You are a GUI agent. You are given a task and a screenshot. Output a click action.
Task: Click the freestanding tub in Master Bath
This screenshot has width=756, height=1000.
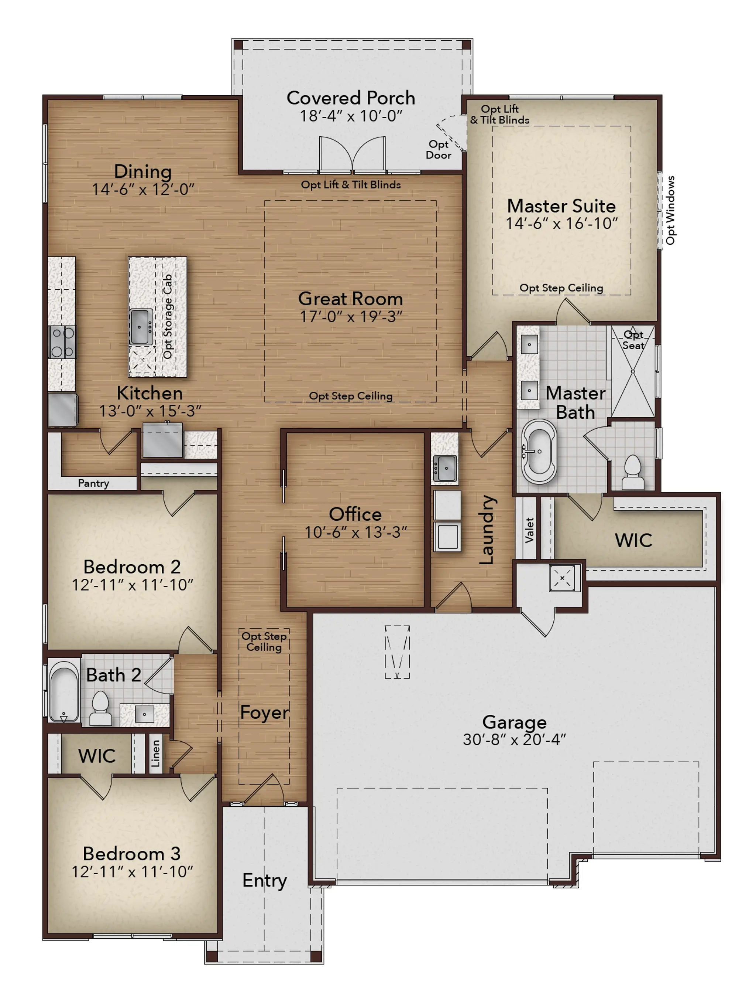(539, 452)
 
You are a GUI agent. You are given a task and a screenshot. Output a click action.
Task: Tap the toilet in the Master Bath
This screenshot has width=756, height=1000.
(633, 472)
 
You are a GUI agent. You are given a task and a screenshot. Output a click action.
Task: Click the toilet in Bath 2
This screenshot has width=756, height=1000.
(100, 708)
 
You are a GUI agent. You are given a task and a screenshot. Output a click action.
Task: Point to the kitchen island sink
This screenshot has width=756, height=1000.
(141, 326)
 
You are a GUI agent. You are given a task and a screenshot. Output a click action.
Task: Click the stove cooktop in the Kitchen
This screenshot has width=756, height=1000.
(62, 342)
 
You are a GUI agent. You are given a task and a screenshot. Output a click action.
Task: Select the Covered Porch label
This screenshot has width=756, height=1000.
(351, 98)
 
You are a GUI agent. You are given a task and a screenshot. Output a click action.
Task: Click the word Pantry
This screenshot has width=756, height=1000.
(93, 483)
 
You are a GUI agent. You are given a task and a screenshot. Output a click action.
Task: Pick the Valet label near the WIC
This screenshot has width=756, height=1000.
(529, 530)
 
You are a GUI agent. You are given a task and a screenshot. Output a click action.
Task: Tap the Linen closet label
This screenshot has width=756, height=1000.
(155, 754)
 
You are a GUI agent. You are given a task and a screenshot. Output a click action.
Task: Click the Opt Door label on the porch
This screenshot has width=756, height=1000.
(438, 150)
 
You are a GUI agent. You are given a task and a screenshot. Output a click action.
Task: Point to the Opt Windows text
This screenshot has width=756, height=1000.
(670, 210)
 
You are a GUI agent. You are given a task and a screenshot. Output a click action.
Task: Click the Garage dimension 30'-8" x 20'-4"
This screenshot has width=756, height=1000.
(514, 739)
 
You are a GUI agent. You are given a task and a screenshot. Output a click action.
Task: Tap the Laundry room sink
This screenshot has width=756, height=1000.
(445, 468)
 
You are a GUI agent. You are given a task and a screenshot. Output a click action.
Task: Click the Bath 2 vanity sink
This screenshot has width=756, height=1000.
(144, 714)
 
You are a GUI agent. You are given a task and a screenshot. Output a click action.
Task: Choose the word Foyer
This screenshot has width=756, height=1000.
(264, 713)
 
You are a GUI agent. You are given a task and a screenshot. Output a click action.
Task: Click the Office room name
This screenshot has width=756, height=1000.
(355, 514)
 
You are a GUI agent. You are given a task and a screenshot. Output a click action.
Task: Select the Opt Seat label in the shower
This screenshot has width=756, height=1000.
(633, 340)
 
